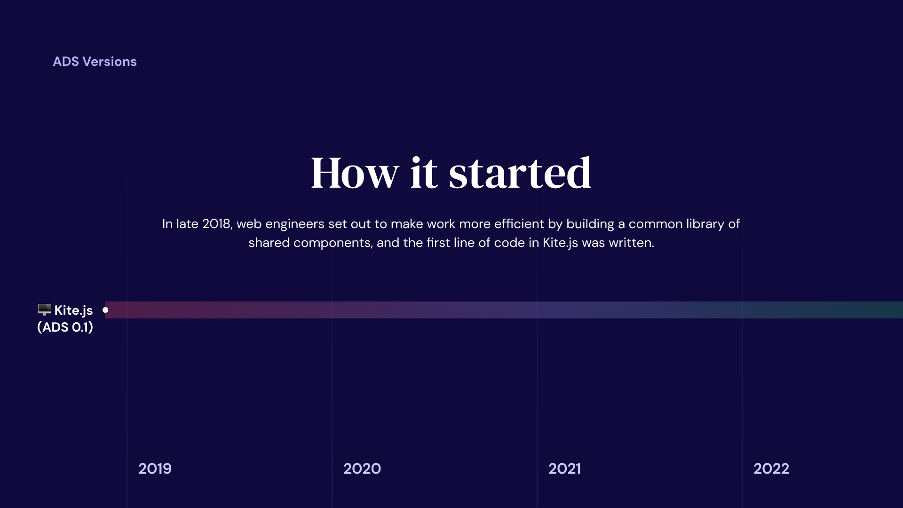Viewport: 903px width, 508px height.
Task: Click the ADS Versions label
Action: point(95,62)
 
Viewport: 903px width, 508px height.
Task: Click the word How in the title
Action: point(355,173)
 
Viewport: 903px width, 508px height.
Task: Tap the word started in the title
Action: point(520,173)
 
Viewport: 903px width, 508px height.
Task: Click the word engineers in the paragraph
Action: point(295,224)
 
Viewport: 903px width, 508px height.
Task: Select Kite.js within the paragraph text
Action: point(560,243)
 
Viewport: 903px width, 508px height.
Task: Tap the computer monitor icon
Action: point(44,310)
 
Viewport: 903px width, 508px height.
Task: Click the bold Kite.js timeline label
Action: point(73,310)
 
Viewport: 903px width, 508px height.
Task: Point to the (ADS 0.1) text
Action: point(65,327)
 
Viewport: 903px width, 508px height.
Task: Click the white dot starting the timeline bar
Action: point(105,310)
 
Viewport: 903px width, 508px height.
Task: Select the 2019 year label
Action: point(155,468)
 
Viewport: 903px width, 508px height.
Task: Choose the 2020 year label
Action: point(362,468)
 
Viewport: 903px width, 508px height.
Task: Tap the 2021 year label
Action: point(564,468)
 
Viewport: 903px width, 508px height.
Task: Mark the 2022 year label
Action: point(771,468)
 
